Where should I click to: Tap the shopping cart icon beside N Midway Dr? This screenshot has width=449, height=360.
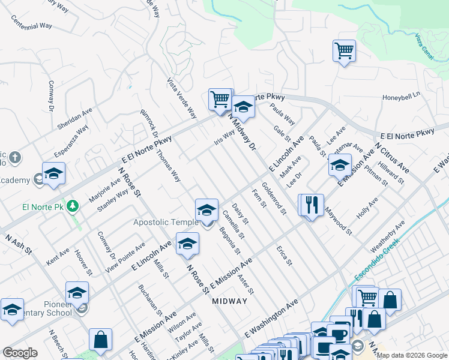[x=220, y=99]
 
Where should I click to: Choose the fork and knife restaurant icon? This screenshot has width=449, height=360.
[x=311, y=205]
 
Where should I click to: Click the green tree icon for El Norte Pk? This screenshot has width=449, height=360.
[x=73, y=206]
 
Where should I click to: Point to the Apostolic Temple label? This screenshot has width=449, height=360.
[x=165, y=223]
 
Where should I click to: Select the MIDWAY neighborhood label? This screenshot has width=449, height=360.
[x=230, y=301]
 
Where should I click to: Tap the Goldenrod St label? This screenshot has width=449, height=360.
[x=273, y=199]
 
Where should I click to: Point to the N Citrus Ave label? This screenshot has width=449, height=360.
[x=391, y=157]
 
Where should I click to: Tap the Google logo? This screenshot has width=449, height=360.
[x=20, y=353]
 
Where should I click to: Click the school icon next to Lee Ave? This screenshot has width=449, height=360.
[x=340, y=165]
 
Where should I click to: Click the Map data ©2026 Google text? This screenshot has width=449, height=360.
[x=412, y=355]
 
